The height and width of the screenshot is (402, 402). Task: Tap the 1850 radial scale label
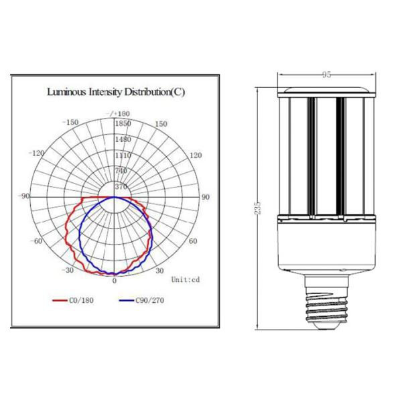pos(123,125)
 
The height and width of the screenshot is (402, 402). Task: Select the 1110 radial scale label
pos(122,155)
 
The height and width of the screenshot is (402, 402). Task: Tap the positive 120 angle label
pos(195,155)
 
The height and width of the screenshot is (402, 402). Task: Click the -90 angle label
pos(25,196)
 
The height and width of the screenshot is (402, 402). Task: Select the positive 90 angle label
pos(206,197)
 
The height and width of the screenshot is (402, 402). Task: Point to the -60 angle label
pos(37,241)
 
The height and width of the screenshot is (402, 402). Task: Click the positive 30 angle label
pos(159,270)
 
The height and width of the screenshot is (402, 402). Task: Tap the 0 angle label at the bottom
pos(114,281)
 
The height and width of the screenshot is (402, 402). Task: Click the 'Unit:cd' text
pos(186,279)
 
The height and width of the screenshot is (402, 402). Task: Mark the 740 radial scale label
pos(121,171)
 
